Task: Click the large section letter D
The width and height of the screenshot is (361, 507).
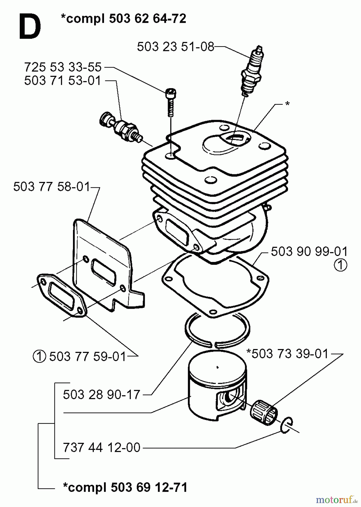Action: [30, 28]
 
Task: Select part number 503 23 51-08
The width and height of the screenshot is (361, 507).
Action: [176, 47]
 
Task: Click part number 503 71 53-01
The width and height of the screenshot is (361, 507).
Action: [63, 81]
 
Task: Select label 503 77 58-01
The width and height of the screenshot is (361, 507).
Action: [52, 187]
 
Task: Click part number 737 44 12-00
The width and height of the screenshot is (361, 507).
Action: [102, 448]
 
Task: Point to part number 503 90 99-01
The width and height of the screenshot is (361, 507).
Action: [309, 252]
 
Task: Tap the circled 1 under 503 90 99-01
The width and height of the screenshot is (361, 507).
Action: [341, 265]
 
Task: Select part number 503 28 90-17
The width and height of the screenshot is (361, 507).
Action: [102, 395]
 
